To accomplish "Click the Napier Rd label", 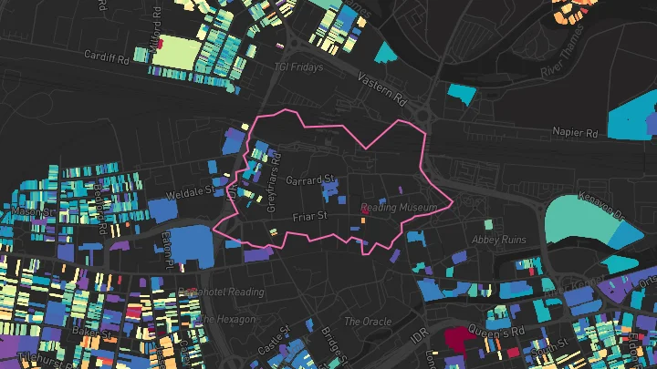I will pos(574,131).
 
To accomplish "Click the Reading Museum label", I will pos(400,208).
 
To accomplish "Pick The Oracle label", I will pos(367,322).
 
